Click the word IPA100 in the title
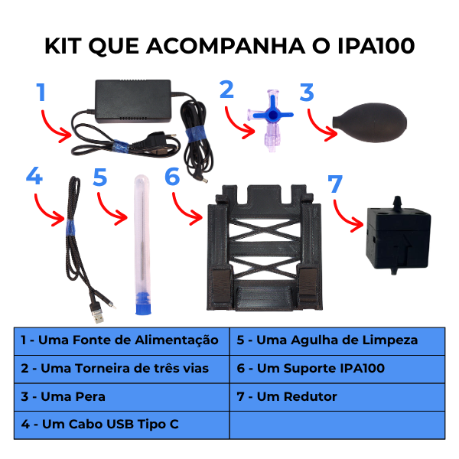[x=376, y=46]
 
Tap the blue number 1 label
[x=41, y=93]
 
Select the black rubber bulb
[x=369, y=122]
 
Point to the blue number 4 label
[x=34, y=176]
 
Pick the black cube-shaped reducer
[x=398, y=236]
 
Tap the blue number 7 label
[x=335, y=184]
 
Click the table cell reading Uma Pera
[x=122, y=397]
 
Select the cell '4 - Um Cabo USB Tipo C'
[x=122, y=425]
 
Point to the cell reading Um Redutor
[x=337, y=397]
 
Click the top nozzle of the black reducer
[x=397, y=202]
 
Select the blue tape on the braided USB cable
[x=70, y=227]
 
